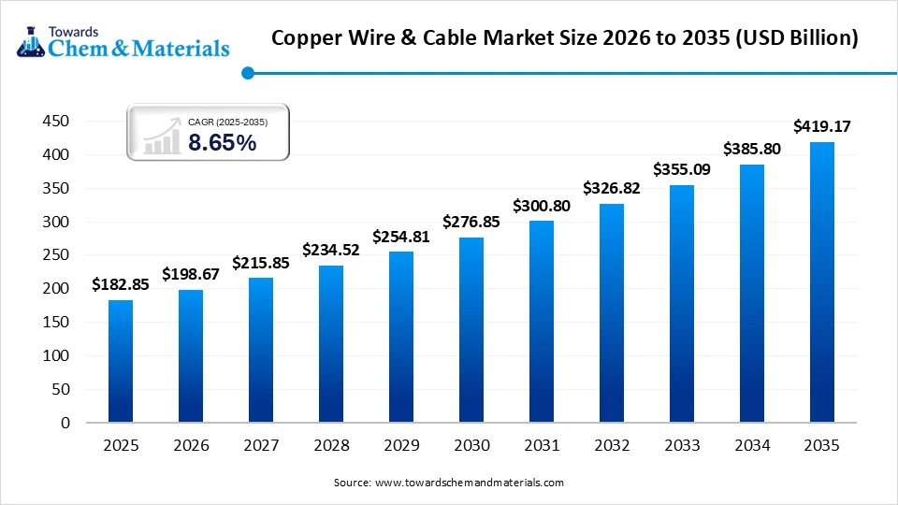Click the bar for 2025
(121, 361)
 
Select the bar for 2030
(471, 340)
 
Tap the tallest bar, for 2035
(821, 282)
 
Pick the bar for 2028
(331, 344)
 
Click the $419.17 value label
(821, 125)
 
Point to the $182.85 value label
(121, 284)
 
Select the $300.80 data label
(542, 205)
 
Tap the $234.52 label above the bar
(331, 250)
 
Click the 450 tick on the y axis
(57, 122)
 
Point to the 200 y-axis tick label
(57, 289)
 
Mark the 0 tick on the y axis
(65, 423)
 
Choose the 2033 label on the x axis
(682, 447)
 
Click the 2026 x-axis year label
(191, 447)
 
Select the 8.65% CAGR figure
(222, 143)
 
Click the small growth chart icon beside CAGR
(161, 137)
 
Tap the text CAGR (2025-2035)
(227, 121)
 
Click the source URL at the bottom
(469, 483)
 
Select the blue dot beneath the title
(247, 73)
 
